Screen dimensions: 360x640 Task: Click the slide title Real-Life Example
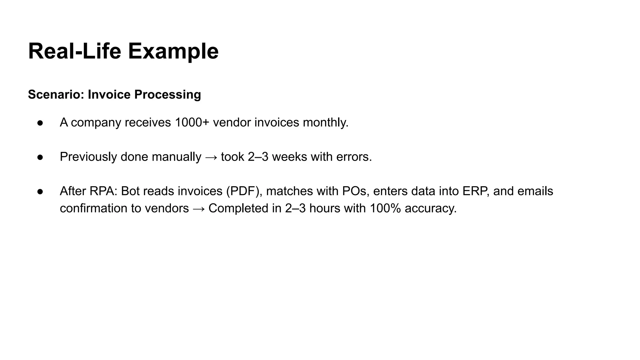pos(123,51)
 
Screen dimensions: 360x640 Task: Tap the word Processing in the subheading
pos(167,94)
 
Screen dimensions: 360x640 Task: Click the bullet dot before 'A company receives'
pos(40,123)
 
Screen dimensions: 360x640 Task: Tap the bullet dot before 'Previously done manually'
pos(40,157)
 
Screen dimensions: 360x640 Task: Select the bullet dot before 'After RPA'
pos(40,192)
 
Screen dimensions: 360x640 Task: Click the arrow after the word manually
pos(211,157)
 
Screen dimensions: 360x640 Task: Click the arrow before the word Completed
pos(199,209)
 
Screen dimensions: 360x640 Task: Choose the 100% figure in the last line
pos(385,208)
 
